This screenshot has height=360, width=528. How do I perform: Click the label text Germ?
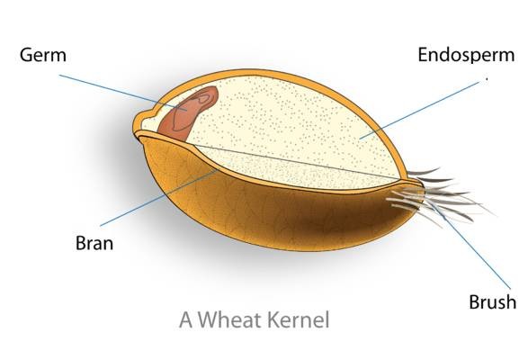43,55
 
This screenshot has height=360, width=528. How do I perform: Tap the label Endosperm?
466,55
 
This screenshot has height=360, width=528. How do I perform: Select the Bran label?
94,243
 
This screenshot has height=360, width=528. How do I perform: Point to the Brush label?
493,301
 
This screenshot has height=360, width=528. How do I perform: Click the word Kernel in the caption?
298,319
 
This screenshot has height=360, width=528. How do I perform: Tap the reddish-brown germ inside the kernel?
188,113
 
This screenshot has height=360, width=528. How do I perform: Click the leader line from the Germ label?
123,93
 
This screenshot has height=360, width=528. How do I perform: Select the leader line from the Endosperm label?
419,110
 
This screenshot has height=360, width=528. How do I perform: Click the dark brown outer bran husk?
276,216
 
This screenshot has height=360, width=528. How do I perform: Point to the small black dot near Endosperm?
487,79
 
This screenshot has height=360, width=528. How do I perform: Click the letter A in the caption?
186,320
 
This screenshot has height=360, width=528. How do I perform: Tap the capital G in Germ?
26,55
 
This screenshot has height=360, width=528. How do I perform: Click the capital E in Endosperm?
423,55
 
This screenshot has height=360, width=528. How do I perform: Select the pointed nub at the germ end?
144,121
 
